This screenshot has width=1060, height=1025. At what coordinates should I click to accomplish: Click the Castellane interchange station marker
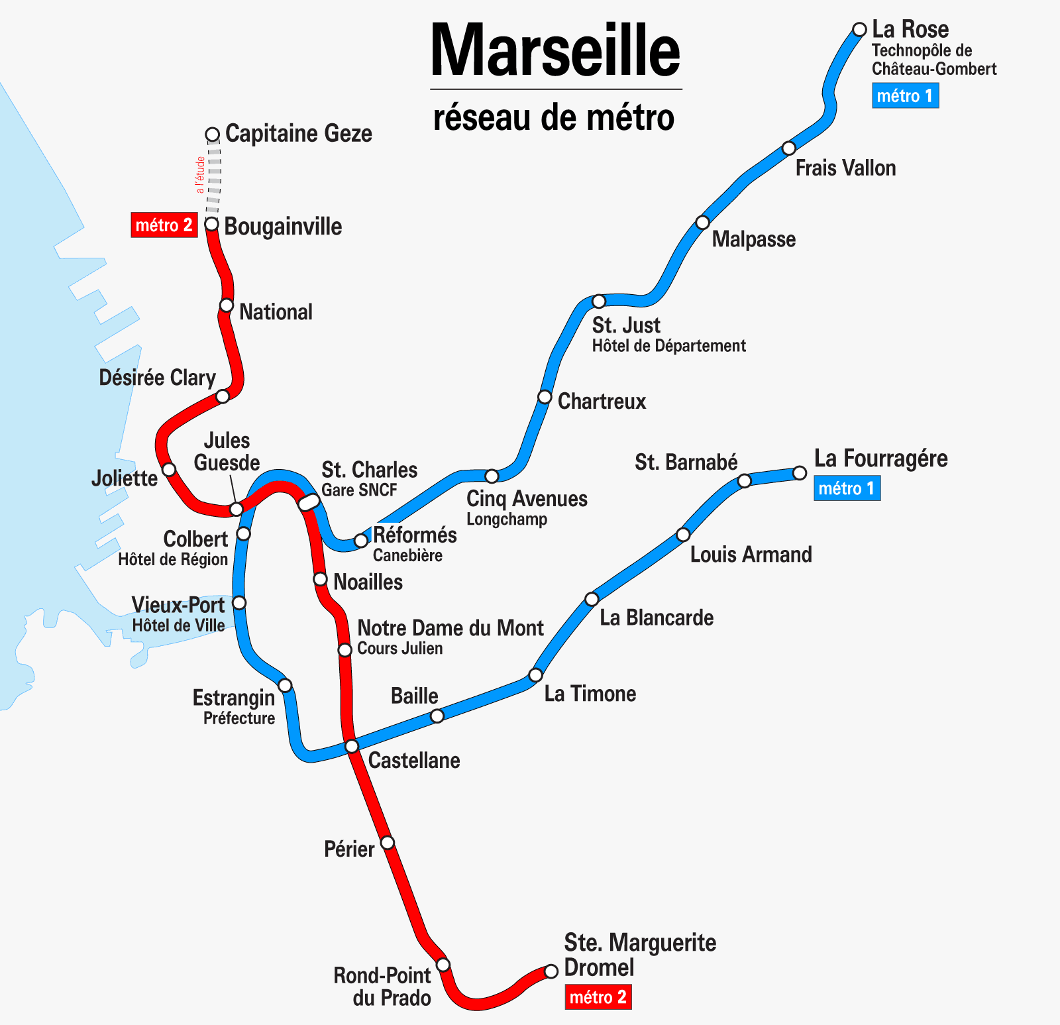click(352, 746)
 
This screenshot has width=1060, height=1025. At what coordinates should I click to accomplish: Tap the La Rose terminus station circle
click(859, 29)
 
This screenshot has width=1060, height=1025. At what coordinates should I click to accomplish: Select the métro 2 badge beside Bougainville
click(164, 225)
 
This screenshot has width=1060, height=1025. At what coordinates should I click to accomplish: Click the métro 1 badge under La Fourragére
click(847, 488)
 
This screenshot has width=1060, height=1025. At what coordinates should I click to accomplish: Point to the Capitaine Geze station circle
click(212, 135)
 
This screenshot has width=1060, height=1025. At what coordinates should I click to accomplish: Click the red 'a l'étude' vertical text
click(200, 175)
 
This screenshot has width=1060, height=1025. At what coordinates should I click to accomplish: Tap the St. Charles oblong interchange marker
click(309, 502)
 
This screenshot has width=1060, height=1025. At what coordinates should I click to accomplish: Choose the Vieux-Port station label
click(178, 605)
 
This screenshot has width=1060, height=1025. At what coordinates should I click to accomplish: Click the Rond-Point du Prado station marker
click(443, 964)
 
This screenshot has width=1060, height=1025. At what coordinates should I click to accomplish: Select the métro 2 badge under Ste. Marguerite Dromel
click(598, 997)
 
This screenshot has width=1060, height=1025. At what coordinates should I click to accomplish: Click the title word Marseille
click(555, 51)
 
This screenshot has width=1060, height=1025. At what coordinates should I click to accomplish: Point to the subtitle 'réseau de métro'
click(554, 118)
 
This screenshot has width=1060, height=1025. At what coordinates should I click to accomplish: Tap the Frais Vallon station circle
click(788, 148)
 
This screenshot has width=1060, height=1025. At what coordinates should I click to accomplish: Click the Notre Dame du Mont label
click(450, 628)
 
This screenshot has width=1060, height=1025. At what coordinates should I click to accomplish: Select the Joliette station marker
click(169, 469)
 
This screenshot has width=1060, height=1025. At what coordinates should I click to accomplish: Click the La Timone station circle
click(535, 675)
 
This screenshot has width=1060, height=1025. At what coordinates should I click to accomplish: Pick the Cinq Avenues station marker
click(492, 476)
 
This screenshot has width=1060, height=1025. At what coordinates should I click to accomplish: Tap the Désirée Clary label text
click(157, 378)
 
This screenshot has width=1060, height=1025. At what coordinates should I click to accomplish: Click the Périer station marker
click(388, 842)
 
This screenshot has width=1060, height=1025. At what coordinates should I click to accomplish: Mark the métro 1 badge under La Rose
click(905, 96)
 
